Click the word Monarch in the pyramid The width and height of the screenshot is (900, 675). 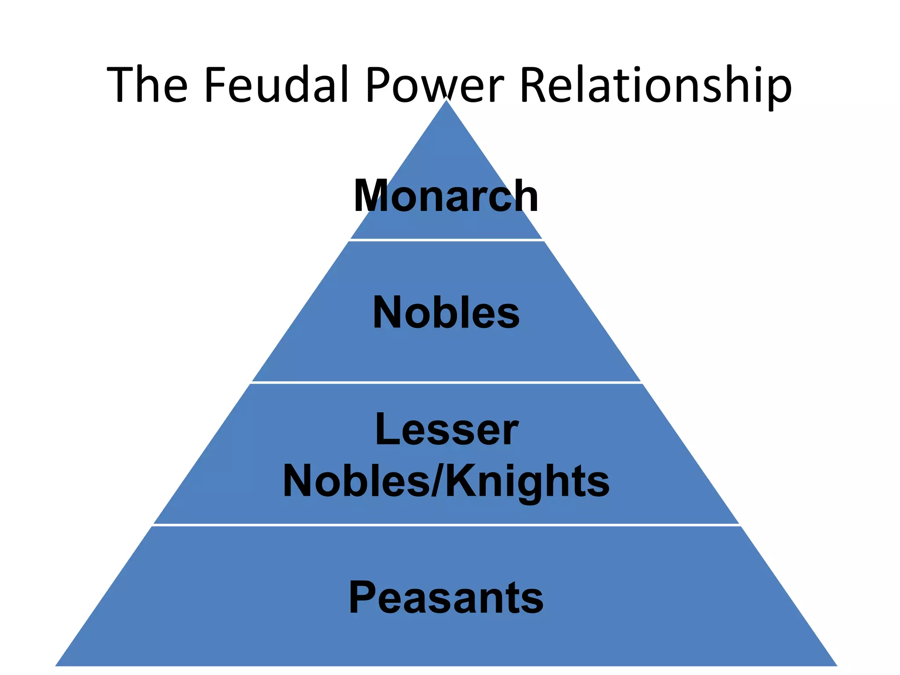446,196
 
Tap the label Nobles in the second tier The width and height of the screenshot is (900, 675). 446,313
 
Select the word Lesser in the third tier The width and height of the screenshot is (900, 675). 446,430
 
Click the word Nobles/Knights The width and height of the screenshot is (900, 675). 446,482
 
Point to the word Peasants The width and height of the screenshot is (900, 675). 446,598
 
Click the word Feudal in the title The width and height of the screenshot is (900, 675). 276,84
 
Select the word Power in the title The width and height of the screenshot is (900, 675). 435,84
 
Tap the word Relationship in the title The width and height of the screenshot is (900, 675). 656,84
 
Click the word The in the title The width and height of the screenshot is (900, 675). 147,84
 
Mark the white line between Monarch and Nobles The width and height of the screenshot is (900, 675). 446,240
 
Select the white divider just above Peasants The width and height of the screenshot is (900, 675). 446,525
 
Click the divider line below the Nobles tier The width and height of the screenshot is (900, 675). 446,383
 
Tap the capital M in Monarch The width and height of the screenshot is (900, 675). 372,196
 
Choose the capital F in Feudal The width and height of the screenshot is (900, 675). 214,84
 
